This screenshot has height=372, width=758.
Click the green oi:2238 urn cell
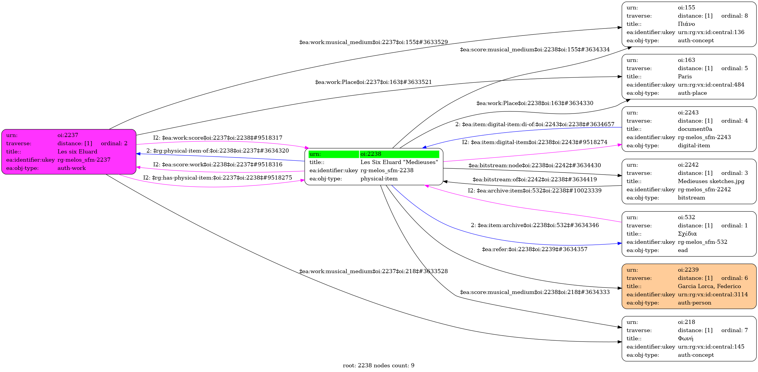tap(399, 154)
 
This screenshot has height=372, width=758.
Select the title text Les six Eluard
tap(77, 152)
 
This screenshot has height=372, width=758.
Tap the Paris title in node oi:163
tap(685, 77)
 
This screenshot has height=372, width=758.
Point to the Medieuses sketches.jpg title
tap(711, 181)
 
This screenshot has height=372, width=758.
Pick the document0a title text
tap(695, 129)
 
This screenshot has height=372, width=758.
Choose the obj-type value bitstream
tap(691, 198)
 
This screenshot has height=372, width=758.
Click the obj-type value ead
tap(683, 250)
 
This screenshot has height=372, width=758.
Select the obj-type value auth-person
tap(694, 302)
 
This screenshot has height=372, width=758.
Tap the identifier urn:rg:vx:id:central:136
tap(711, 32)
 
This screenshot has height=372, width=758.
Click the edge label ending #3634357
tap(535, 249)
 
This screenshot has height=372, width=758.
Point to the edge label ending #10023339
tap(535, 191)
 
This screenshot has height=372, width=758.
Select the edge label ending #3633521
tap(373, 82)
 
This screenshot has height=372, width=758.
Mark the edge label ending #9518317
tap(217, 138)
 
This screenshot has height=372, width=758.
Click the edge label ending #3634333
tap(535, 292)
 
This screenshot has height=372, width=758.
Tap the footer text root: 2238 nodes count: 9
tap(378, 366)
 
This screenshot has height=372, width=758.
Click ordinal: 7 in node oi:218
tap(734, 330)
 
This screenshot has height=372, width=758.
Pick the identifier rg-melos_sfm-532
tap(702, 242)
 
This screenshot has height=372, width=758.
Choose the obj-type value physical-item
tap(379, 179)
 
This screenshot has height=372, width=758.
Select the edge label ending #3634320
tap(217, 151)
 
